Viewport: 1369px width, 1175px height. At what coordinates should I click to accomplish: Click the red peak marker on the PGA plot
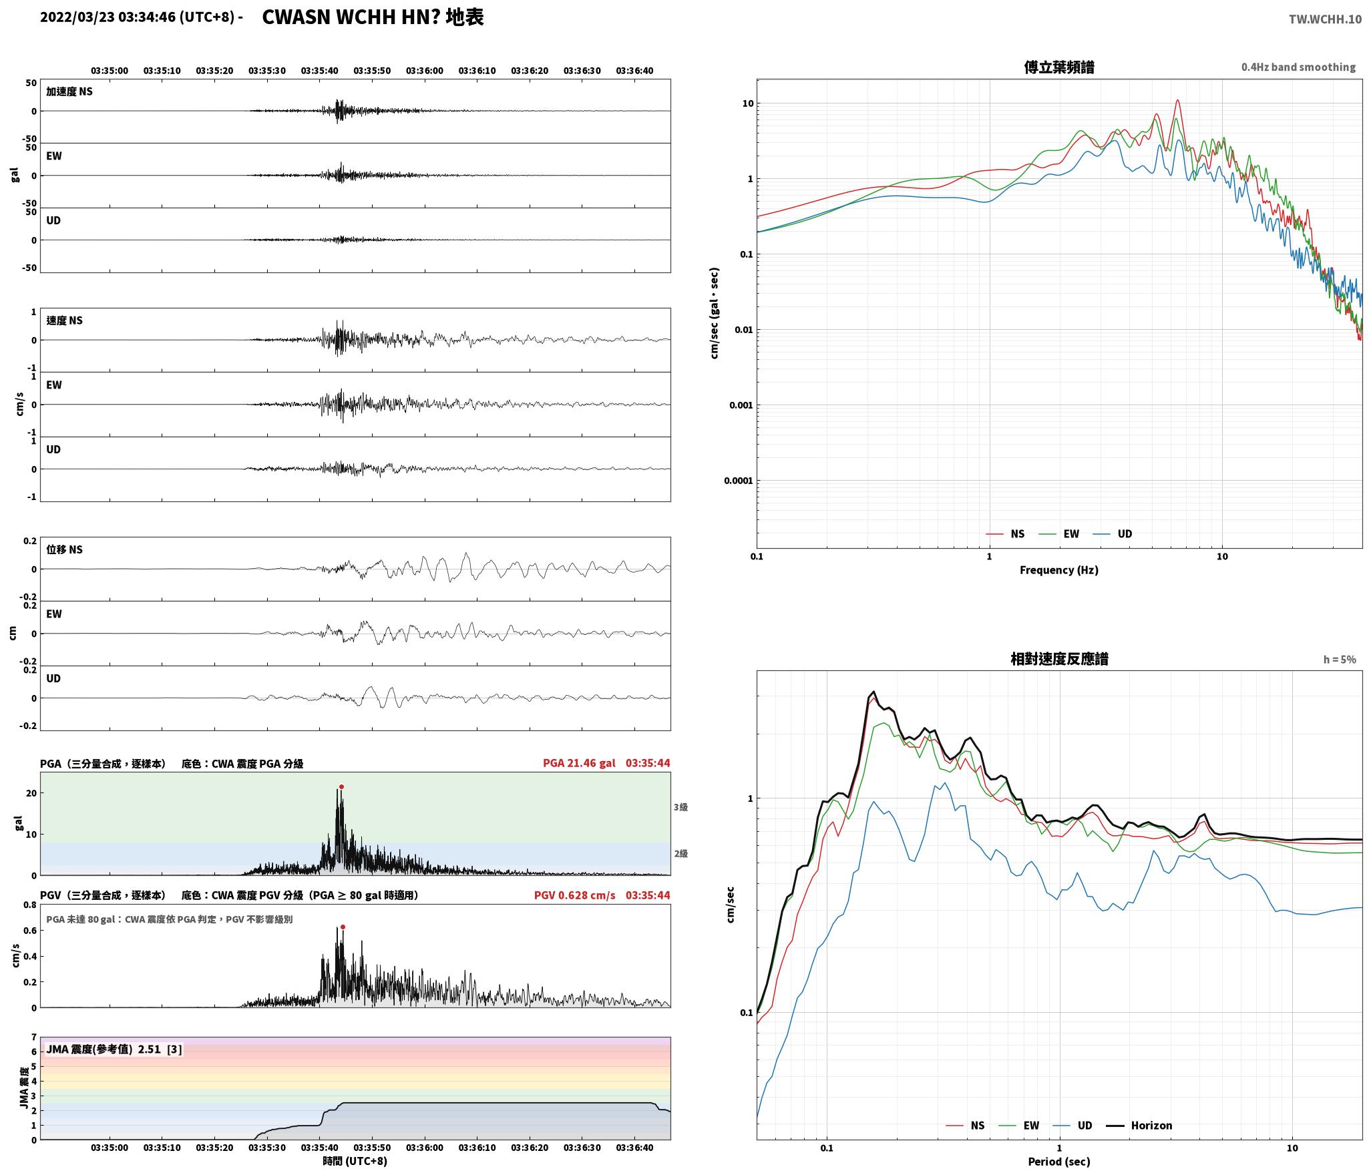tap(341, 786)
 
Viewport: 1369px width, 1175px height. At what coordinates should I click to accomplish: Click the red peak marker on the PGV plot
tap(343, 927)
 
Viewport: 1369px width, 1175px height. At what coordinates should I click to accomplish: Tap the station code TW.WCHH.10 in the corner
tap(1325, 19)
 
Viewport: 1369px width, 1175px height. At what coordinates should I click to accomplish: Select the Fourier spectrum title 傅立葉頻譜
tap(1059, 67)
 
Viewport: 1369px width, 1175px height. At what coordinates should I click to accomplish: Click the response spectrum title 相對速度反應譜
tap(1059, 659)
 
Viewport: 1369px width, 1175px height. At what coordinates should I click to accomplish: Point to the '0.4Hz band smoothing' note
tap(1298, 67)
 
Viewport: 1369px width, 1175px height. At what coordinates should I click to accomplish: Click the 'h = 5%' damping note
tap(1340, 660)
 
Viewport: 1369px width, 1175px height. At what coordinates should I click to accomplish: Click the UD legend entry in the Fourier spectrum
tap(1113, 534)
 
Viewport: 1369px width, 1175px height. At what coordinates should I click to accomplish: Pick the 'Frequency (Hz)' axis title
tap(1059, 570)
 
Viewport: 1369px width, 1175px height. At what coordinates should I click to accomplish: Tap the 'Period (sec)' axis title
tap(1059, 1162)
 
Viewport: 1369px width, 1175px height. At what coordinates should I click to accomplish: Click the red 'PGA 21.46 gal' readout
tap(579, 763)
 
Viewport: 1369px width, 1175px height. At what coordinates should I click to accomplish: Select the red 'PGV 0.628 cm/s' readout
tap(574, 895)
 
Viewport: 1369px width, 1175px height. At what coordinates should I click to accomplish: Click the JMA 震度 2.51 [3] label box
tap(114, 1049)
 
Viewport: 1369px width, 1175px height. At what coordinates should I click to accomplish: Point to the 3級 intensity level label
tap(680, 807)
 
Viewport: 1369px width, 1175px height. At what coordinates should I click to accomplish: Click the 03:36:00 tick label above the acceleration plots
tap(424, 71)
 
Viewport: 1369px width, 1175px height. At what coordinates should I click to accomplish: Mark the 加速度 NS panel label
tap(69, 91)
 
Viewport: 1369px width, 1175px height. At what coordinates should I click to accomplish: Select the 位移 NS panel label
tap(64, 549)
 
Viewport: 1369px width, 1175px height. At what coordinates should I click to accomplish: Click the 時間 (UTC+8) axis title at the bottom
tap(355, 1161)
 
